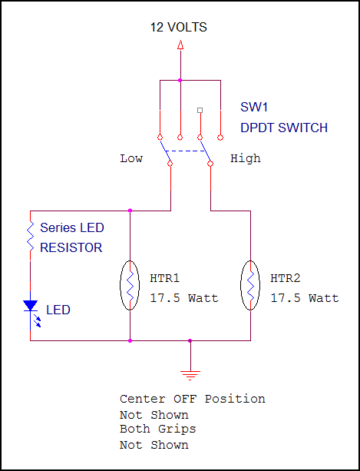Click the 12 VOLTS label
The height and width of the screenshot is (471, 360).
178,28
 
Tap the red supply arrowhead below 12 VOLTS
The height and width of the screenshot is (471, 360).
180,45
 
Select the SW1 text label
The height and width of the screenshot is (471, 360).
254,107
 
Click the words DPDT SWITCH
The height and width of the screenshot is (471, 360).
284,128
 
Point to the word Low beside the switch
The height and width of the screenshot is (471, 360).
131,158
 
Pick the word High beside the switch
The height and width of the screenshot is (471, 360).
246,158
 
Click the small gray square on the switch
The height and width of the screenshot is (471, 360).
200,110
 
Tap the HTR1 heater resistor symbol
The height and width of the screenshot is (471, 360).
130,285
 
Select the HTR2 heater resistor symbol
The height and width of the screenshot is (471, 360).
250,285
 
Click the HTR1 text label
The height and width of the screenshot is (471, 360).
165,278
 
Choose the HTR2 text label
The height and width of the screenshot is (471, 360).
286,278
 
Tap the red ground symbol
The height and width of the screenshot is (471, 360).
190,376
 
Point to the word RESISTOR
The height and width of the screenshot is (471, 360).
71,248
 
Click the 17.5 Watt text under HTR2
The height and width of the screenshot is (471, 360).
305,298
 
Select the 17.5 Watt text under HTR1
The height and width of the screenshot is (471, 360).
184,298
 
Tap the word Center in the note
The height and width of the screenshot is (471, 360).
143,399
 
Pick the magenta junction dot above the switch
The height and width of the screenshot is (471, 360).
180,80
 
